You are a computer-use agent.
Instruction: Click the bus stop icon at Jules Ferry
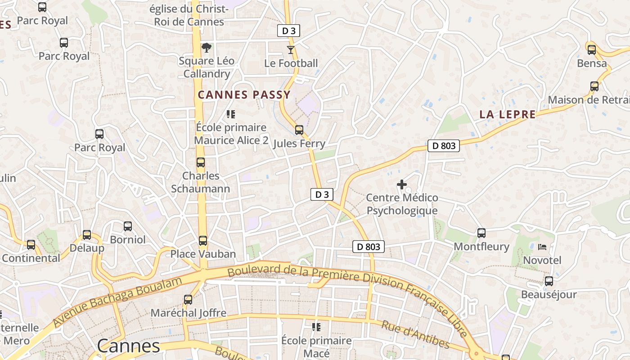[x=299, y=130]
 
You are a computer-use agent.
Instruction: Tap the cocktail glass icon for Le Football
[x=291, y=49]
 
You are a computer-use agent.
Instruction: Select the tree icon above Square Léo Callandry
[x=206, y=47]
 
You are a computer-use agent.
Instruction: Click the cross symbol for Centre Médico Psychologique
[x=401, y=184]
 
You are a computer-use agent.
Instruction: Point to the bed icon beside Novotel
[x=542, y=247]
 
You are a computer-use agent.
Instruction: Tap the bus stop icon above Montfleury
[x=481, y=233]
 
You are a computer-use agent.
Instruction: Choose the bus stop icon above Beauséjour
[x=549, y=281]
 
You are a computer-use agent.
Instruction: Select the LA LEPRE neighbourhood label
[x=508, y=114]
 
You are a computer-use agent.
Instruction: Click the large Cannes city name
[x=128, y=346]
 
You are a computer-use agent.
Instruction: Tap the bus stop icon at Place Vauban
[x=202, y=241]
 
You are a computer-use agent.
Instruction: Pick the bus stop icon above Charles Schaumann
[x=200, y=162]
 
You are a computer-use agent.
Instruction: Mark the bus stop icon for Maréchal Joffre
[x=188, y=299]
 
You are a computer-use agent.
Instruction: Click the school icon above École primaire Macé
[x=316, y=327]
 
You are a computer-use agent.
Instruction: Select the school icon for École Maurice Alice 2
[x=231, y=114]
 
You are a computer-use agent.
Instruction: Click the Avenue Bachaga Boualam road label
[x=117, y=302]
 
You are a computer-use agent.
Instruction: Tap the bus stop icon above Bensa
[x=591, y=50]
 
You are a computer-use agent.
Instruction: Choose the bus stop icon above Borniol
[x=127, y=226]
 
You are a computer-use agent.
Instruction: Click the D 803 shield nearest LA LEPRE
[x=443, y=146]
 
